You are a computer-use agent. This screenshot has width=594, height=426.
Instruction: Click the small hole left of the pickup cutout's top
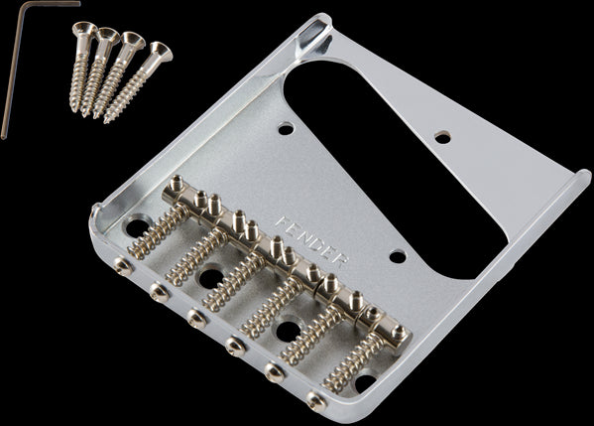tap(286, 128)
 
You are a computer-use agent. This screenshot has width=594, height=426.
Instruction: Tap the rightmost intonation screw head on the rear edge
tap(316, 401)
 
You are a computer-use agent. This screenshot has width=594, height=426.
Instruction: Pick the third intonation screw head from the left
tap(195, 317)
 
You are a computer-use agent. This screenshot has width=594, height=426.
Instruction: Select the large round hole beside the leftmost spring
tap(136, 227)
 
